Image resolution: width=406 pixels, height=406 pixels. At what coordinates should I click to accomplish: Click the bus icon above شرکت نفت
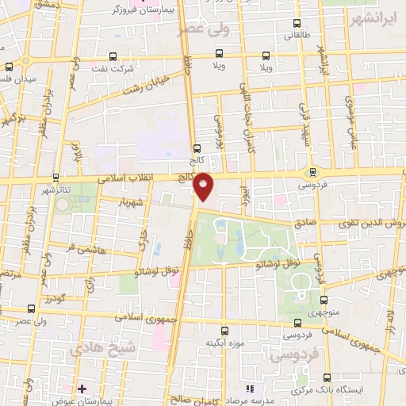[x=112, y=56]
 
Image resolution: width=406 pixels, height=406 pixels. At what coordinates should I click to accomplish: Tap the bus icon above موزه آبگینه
[x=224, y=331]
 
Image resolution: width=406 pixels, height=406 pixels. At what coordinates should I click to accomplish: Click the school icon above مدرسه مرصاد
[x=251, y=389]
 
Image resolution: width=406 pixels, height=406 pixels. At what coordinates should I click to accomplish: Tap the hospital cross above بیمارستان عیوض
[x=82, y=389]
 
